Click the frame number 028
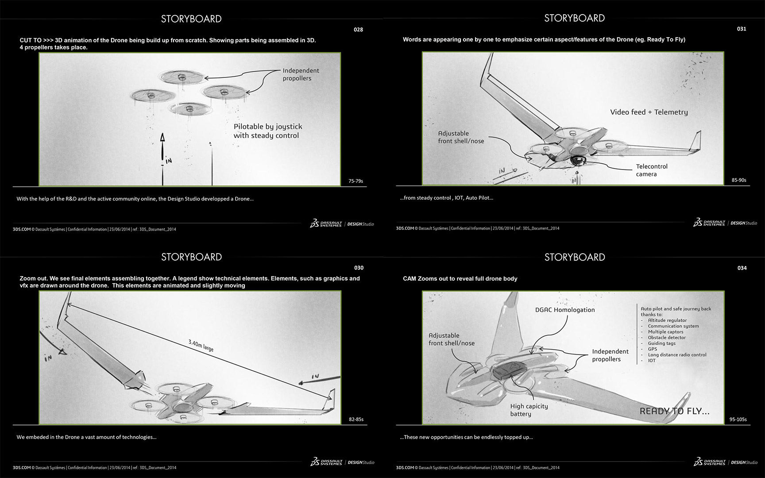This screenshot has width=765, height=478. (358, 30)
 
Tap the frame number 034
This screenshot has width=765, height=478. (742, 268)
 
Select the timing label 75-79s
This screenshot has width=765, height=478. (355, 181)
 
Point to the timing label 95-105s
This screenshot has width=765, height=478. (738, 419)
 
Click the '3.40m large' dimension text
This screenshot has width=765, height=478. (201, 345)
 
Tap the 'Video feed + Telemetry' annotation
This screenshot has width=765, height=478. (649, 112)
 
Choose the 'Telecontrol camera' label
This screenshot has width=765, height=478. (652, 170)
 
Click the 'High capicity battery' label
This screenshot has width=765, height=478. (529, 410)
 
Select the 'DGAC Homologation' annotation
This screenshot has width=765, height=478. (565, 310)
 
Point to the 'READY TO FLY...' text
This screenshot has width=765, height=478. (674, 411)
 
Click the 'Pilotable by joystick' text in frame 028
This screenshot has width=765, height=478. (268, 127)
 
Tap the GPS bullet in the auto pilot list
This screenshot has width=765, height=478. (653, 349)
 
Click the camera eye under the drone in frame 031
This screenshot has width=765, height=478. (577, 161)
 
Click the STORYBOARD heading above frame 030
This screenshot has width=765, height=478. (191, 257)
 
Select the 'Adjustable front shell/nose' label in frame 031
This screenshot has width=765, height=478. (461, 137)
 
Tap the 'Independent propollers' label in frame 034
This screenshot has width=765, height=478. (610, 355)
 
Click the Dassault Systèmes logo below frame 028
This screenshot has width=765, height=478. (326, 224)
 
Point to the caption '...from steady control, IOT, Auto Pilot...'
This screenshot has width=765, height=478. (446, 198)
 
